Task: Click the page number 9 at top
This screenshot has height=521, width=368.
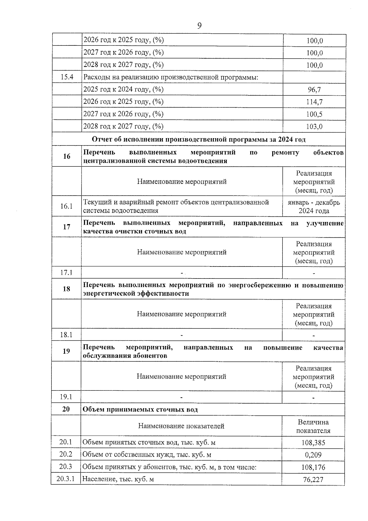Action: coord(199,26)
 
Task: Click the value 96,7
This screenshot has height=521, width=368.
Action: coord(314,90)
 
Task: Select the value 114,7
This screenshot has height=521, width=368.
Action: coord(314,102)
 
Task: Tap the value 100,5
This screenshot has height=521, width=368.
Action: coord(314,114)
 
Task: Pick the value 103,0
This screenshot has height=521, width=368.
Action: coord(314,126)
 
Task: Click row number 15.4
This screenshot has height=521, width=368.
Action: coord(67,77)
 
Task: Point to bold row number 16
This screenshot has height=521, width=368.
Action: coord(67,156)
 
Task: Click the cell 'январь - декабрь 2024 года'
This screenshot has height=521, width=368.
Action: coord(314,207)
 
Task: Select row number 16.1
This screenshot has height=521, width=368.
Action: coord(66,206)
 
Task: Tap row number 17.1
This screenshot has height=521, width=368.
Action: coord(66,272)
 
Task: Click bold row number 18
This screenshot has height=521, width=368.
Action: coord(66,289)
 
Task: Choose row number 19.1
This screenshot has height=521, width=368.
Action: coord(66,397)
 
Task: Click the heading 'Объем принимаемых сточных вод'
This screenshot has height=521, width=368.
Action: coord(140,410)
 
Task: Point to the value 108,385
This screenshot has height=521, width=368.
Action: coord(313,443)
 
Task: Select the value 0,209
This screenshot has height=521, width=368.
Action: coord(313,455)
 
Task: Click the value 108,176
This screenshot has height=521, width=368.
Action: coord(313,467)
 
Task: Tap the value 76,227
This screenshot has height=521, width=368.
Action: coord(313,480)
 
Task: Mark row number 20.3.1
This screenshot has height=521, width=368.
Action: coord(66,479)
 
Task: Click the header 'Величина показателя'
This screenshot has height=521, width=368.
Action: coord(313,426)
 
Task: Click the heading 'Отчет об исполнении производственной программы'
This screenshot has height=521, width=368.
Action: coord(199,139)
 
